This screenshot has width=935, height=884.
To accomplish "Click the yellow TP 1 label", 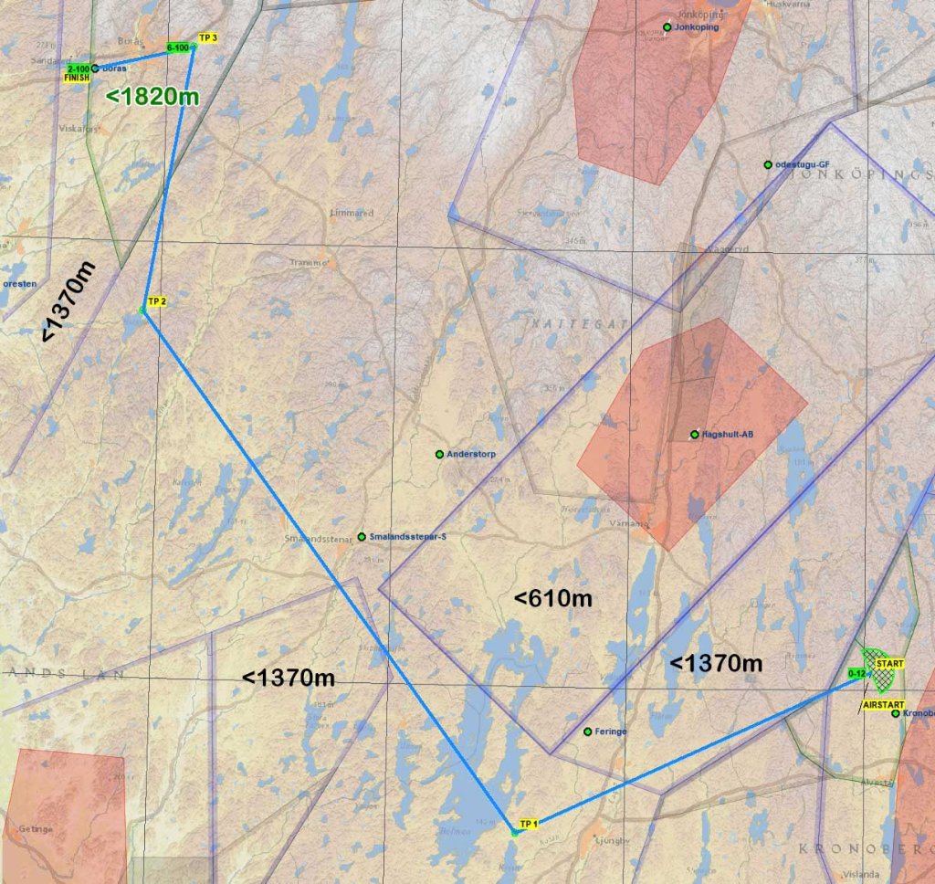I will pyautogui.click(x=529, y=824).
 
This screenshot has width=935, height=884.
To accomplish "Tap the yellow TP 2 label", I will pyautogui.click(x=156, y=301).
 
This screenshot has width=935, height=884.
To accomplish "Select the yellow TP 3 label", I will pyautogui.click(x=207, y=37).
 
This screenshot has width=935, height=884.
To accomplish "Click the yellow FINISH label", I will pyautogui.click(x=77, y=79).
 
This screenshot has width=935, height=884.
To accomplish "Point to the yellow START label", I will pyautogui.click(x=888, y=664).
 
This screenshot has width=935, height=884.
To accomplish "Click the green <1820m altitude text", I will pyautogui.click(x=152, y=96).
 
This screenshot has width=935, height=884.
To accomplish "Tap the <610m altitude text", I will pyautogui.click(x=553, y=599).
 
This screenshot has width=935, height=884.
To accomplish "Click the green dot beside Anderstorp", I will pyautogui.click(x=439, y=454).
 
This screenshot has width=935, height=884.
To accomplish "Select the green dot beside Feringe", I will pyautogui.click(x=587, y=731).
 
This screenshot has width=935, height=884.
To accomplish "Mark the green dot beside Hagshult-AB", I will pyautogui.click(x=694, y=434).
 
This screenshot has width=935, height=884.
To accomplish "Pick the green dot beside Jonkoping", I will pyautogui.click(x=667, y=27).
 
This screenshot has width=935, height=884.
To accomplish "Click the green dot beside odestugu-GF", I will pyautogui.click(x=768, y=165).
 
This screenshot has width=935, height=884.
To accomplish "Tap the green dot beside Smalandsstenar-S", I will pyautogui.click(x=362, y=536).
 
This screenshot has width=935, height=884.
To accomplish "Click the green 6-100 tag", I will pyautogui.click(x=179, y=47).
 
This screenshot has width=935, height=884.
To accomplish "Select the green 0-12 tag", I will pyautogui.click(x=856, y=673).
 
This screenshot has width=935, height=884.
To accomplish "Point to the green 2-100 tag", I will pyautogui.click(x=79, y=68).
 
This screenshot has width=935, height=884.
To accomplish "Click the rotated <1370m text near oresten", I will pyautogui.click(x=68, y=307).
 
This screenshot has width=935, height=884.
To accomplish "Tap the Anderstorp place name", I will pyautogui.click(x=469, y=454).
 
